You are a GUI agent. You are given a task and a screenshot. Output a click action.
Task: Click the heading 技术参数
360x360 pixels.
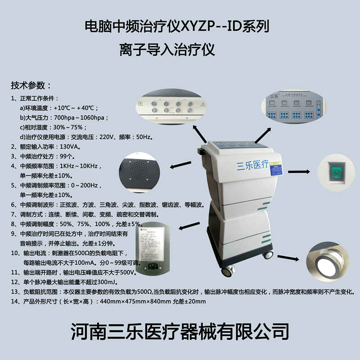coord(31,85)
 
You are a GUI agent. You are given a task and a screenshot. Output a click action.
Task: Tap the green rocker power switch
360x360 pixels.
coord(335,171)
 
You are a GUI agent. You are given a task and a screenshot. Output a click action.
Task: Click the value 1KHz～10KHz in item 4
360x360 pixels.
coord(76,166)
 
